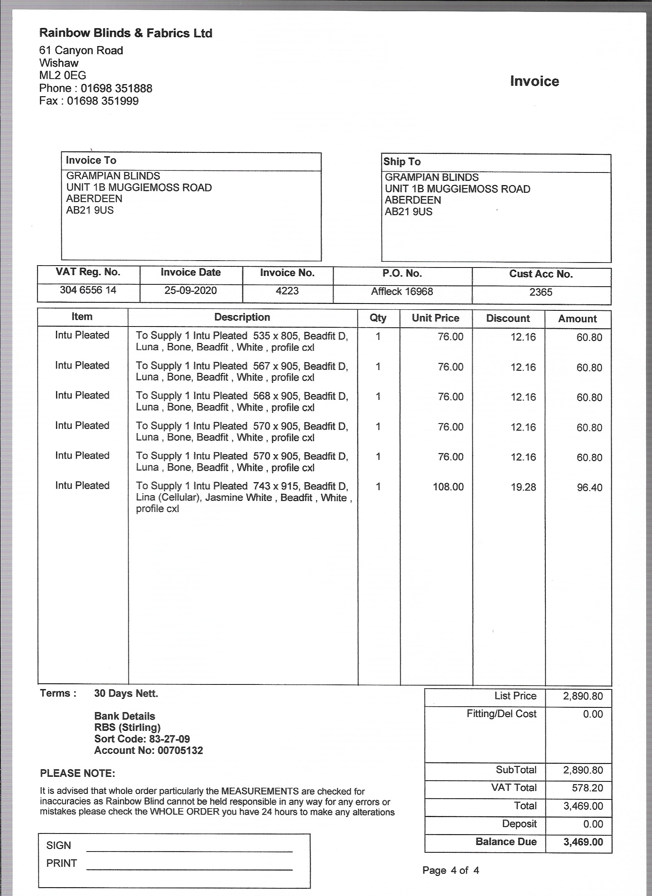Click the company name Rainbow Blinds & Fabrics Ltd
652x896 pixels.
coord(125,33)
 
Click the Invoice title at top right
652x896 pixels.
coord(534,81)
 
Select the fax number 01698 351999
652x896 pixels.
coord(102,101)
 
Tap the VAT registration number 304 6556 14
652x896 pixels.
coord(88,290)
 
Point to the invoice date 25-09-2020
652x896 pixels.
coord(191,291)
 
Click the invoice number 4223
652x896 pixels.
coord(287,291)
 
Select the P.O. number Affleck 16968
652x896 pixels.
coord(402,292)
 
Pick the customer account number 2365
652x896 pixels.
coord(540,292)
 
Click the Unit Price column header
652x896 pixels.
coord(435,318)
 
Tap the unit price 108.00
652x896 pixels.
coord(448,487)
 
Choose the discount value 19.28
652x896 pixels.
coord(523,487)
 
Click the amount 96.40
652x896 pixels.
coord(589,487)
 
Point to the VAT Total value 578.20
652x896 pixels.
coord(587,788)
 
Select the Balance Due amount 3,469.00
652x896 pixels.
coord(583,842)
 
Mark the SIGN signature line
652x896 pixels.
coord(189,850)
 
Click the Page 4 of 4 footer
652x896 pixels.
coord(450,870)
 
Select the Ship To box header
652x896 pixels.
coord(402,162)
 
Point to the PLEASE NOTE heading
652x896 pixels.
coord(77,773)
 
